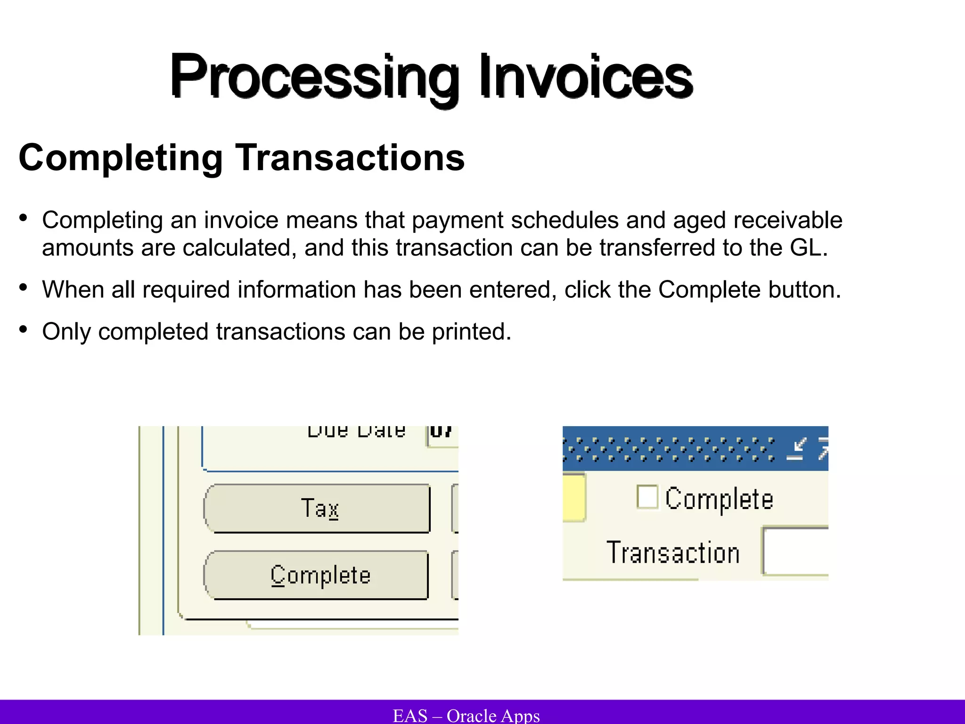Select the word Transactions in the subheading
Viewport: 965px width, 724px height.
[350, 158]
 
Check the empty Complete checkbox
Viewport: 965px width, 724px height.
[647, 497]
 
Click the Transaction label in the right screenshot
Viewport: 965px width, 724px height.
[673, 552]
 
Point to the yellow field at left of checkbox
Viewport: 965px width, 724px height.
[573, 498]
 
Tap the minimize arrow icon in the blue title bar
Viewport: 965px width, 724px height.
[797, 449]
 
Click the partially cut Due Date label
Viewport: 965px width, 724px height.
[356, 431]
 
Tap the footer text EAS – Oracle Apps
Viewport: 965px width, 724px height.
[466, 716]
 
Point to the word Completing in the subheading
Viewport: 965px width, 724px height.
[121, 158]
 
